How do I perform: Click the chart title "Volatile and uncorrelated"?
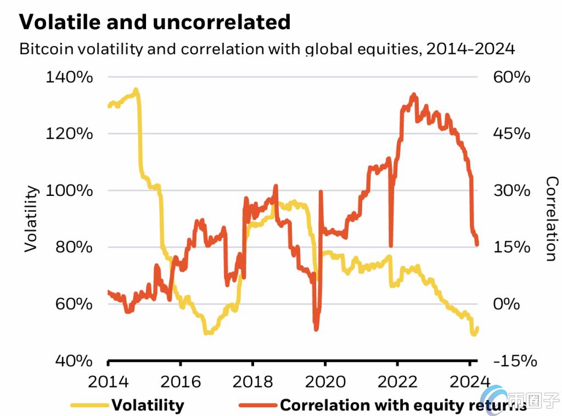coord(154,22)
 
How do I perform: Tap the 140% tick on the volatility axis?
coord(69,77)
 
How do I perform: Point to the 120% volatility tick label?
coord(69,134)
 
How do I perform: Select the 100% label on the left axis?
coord(69,190)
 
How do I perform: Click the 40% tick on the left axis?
coord(74,361)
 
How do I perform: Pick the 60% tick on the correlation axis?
coord(512,77)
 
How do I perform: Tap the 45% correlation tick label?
coord(512,134)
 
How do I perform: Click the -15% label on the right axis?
coord(515,361)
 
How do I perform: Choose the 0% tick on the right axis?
coord(506,304)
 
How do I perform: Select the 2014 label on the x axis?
coord(108,382)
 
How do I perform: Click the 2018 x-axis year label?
coord(252,382)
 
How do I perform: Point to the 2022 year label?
coord(397,382)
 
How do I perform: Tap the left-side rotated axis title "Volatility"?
coord(31,218)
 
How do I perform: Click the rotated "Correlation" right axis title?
coord(552,218)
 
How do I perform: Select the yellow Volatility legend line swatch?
coord(89,405)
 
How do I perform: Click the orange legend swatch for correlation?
coord(258,405)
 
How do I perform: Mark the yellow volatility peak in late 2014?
coord(136,89)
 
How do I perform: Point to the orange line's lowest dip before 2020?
coord(316,329)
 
